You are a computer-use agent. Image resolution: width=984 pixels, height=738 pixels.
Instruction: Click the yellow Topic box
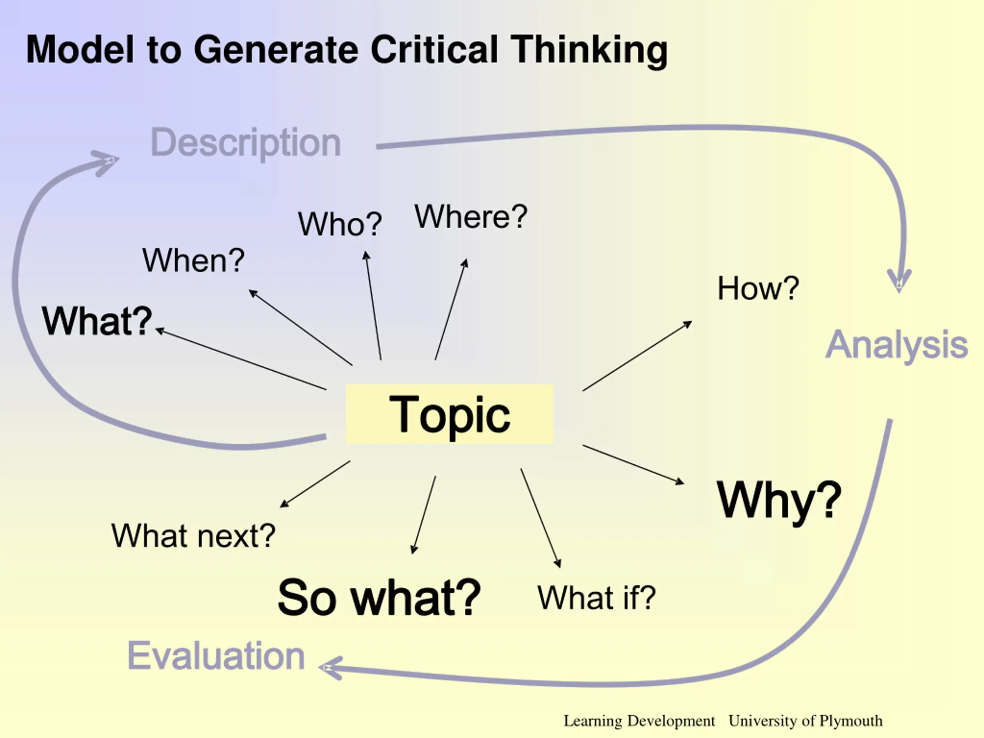pyautogui.click(x=449, y=414)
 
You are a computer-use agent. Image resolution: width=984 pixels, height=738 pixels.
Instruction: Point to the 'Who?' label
pyautogui.click(x=340, y=224)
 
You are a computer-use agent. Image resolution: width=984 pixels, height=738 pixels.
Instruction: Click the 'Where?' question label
pyautogui.click(x=470, y=217)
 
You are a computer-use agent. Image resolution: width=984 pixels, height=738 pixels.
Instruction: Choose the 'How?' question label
pyautogui.click(x=758, y=288)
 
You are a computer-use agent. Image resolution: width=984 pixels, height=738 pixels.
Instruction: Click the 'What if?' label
pyautogui.click(x=597, y=597)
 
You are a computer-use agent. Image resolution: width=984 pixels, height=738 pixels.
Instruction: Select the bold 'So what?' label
pyautogui.click(x=379, y=597)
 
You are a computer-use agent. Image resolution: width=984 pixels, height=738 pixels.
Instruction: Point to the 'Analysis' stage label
pyautogui.click(x=896, y=345)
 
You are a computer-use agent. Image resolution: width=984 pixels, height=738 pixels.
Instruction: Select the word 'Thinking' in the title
pyautogui.click(x=589, y=50)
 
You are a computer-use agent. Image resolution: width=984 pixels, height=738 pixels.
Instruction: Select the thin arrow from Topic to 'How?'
pyautogui.click(x=637, y=356)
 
